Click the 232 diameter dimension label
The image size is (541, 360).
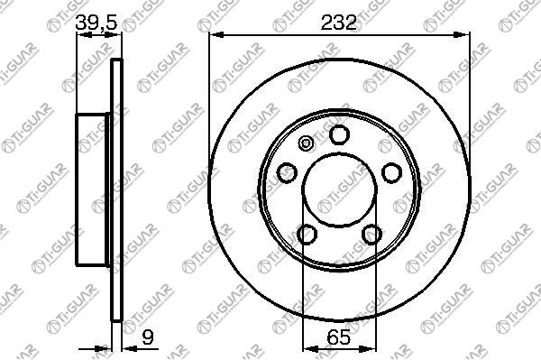(x=338, y=23)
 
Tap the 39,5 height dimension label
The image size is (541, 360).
(x=96, y=22)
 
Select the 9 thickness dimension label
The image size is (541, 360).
(x=147, y=337)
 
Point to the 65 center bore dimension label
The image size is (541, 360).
(x=338, y=337)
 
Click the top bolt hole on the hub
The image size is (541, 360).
(x=340, y=134)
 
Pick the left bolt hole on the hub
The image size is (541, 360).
(x=287, y=172)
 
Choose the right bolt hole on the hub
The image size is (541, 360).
(x=391, y=172)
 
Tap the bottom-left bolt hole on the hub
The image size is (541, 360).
(x=307, y=234)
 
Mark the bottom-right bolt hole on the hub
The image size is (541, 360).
(x=371, y=234)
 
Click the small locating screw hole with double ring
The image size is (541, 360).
(x=306, y=143)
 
